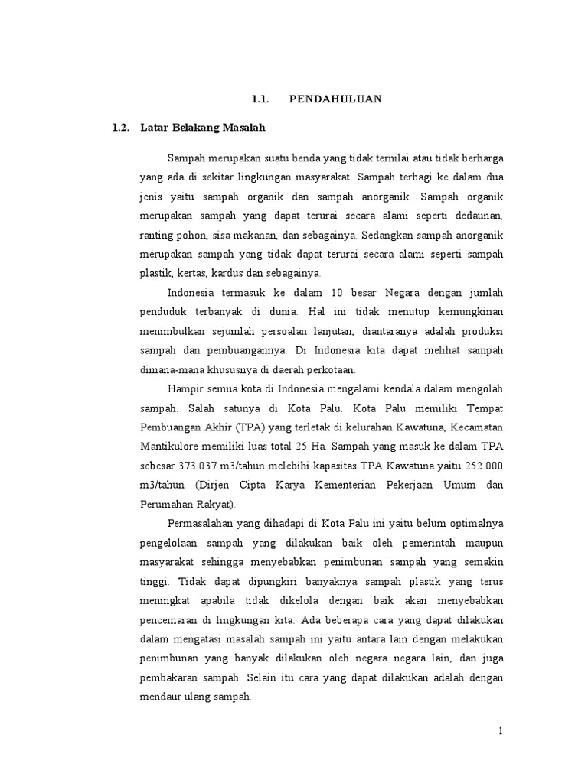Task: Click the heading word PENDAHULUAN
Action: coord(335,99)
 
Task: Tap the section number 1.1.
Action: coord(263,99)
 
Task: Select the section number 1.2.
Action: coord(121,127)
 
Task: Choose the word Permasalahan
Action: coord(203,524)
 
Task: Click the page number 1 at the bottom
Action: coord(501,731)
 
